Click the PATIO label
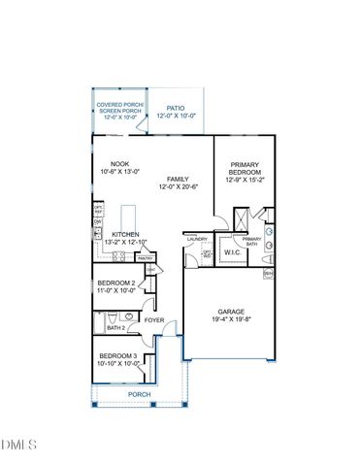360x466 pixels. tap(176, 109)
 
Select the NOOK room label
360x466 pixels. tap(120, 163)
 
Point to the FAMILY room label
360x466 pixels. tap(178, 179)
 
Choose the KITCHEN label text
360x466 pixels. tap(125, 235)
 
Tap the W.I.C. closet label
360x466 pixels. tap(232, 252)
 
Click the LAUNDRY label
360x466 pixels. tap(197, 237)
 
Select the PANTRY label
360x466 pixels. tap(145, 258)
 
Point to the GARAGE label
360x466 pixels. tap(231, 312)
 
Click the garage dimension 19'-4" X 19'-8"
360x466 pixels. tap(231, 319)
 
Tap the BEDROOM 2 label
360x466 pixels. tap(116, 283)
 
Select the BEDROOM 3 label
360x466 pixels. tap(117, 356)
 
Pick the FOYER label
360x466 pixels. tap(154, 318)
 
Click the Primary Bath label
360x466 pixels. tap(251, 242)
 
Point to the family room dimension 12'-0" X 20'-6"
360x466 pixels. tap(178, 187)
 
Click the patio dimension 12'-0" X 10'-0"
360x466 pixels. tap(176, 116)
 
